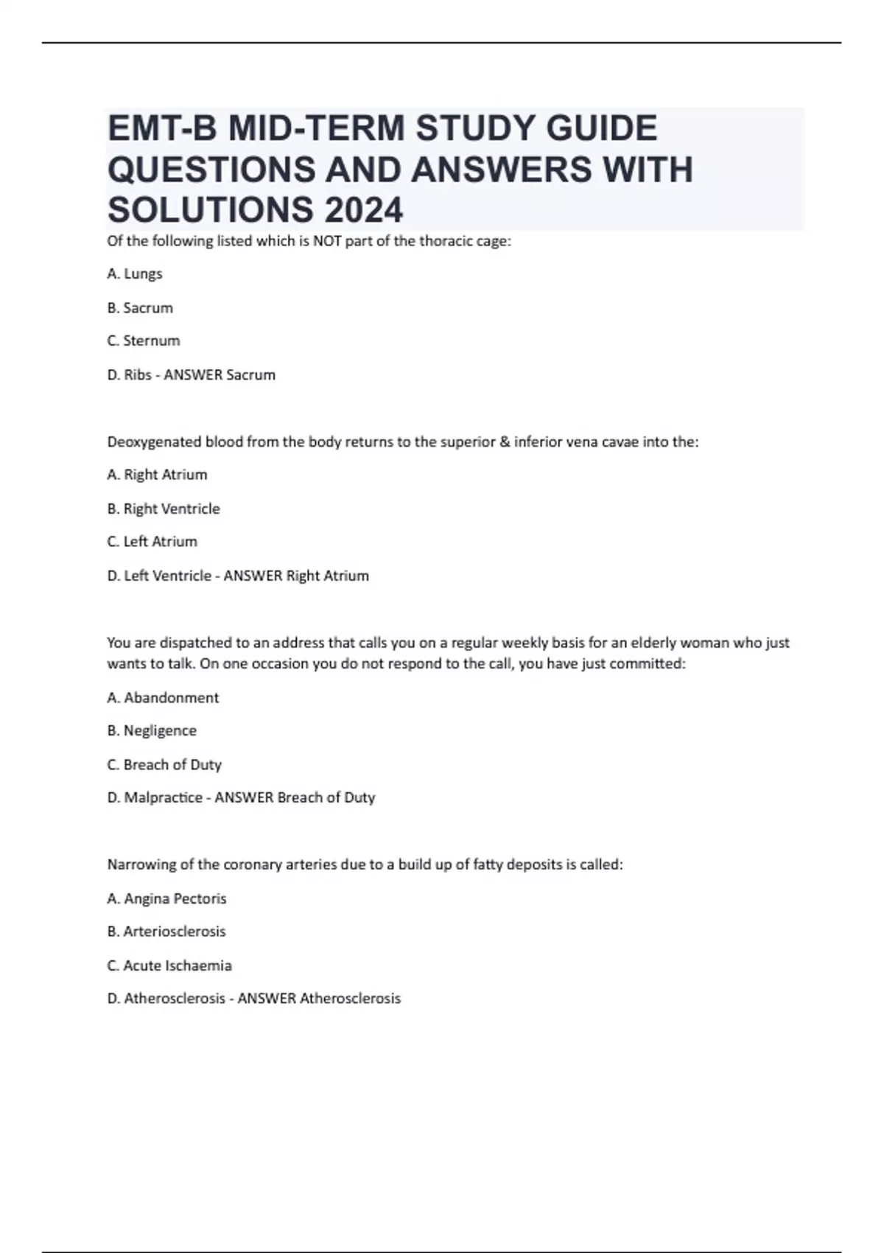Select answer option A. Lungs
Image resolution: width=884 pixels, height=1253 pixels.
click(x=135, y=273)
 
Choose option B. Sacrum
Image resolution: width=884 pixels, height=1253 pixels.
click(x=140, y=307)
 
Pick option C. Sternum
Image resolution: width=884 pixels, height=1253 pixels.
click(x=144, y=341)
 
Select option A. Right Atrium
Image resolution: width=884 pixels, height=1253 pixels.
click(x=157, y=475)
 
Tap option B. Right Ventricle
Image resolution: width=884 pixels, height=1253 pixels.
click(x=164, y=509)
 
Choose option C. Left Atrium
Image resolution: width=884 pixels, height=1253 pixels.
click(x=152, y=542)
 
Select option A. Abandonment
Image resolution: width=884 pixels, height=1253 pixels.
click(x=163, y=697)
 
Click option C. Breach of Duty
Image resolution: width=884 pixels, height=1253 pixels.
click(x=164, y=764)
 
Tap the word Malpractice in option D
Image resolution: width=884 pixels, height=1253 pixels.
click(x=163, y=797)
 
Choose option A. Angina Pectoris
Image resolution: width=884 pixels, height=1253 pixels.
click(x=166, y=898)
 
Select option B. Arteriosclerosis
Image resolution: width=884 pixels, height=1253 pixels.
click(x=166, y=932)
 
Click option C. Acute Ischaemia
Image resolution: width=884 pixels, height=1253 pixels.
click(x=169, y=966)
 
